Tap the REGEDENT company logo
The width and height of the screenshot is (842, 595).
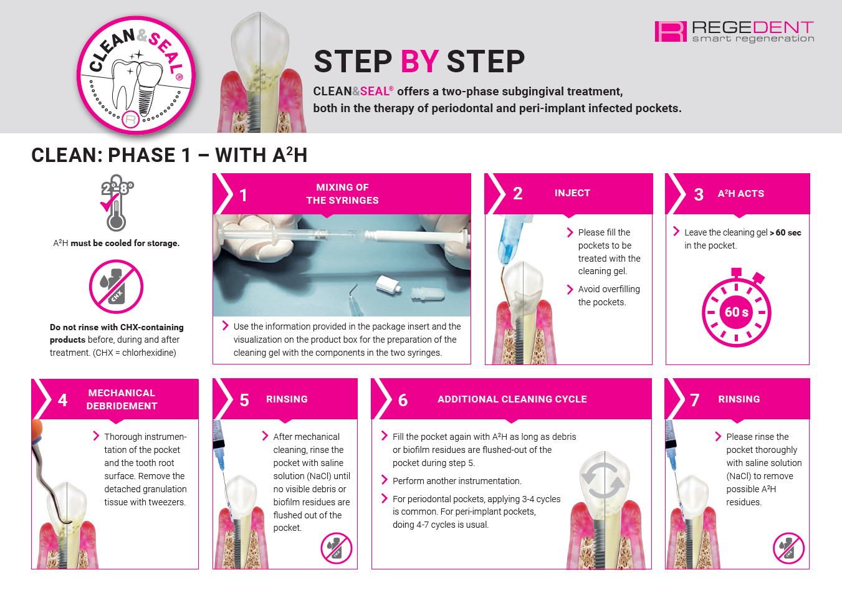tap(734, 31)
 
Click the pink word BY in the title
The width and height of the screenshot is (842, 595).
tap(419, 61)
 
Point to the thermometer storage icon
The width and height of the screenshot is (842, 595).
tap(117, 203)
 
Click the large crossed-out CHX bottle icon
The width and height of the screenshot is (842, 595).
tap(116, 287)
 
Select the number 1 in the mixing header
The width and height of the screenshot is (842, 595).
tap(243, 195)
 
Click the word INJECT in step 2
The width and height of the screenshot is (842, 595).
tap(572, 193)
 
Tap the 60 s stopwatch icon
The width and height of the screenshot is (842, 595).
tap(737, 307)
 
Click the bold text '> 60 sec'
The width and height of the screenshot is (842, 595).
tap(785, 232)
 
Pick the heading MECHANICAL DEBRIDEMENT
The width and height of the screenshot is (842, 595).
tap(122, 399)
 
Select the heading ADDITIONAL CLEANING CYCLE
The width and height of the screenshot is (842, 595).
tap(512, 399)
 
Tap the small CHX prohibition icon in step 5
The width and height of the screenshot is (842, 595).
tap(337, 548)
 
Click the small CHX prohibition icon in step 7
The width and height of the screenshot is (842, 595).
tap(788, 548)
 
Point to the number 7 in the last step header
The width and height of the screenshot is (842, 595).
tap(695, 400)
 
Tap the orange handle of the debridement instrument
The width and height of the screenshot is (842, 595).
tap(37, 431)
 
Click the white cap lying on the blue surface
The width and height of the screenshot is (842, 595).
tap(388, 285)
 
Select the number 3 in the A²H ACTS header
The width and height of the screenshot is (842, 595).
tap(699, 194)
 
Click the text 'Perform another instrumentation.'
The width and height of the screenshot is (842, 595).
tap(457, 481)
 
